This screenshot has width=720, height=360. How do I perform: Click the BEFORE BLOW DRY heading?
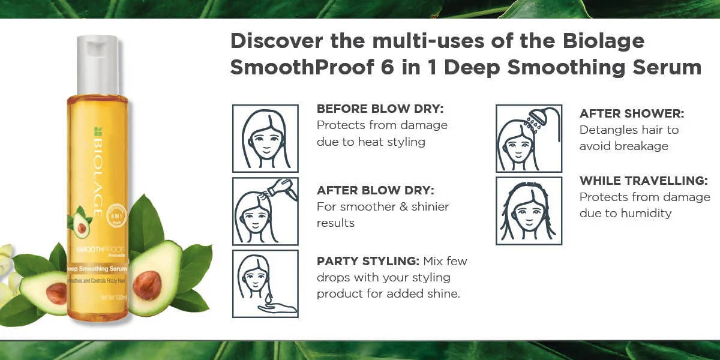pyautogui.click(x=379, y=109)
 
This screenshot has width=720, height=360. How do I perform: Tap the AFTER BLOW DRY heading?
pyautogui.click(x=375, y=190)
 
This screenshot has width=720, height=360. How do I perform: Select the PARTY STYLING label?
pyautogui.click(x=368, y=261)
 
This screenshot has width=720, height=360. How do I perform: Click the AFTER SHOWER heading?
pyautogui.click(x=631, y=113)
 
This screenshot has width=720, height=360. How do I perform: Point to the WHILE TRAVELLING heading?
pyautogui.click(x=643, y=181)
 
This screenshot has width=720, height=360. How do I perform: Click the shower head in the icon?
pyautogui.click(x=535, y=117)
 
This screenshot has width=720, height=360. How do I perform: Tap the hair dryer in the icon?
pyautogui.click(x=287, y=188)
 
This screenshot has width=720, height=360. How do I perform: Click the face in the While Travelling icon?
pyautogui.click(x=529, y=214)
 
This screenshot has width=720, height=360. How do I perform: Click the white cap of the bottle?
pyautogui.click(x=97, y=65)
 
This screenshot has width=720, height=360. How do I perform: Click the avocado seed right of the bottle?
pyautogui.click(x=147, y=284)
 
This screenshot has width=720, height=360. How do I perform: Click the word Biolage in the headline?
pyautogui.click(x=602, y=41)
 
